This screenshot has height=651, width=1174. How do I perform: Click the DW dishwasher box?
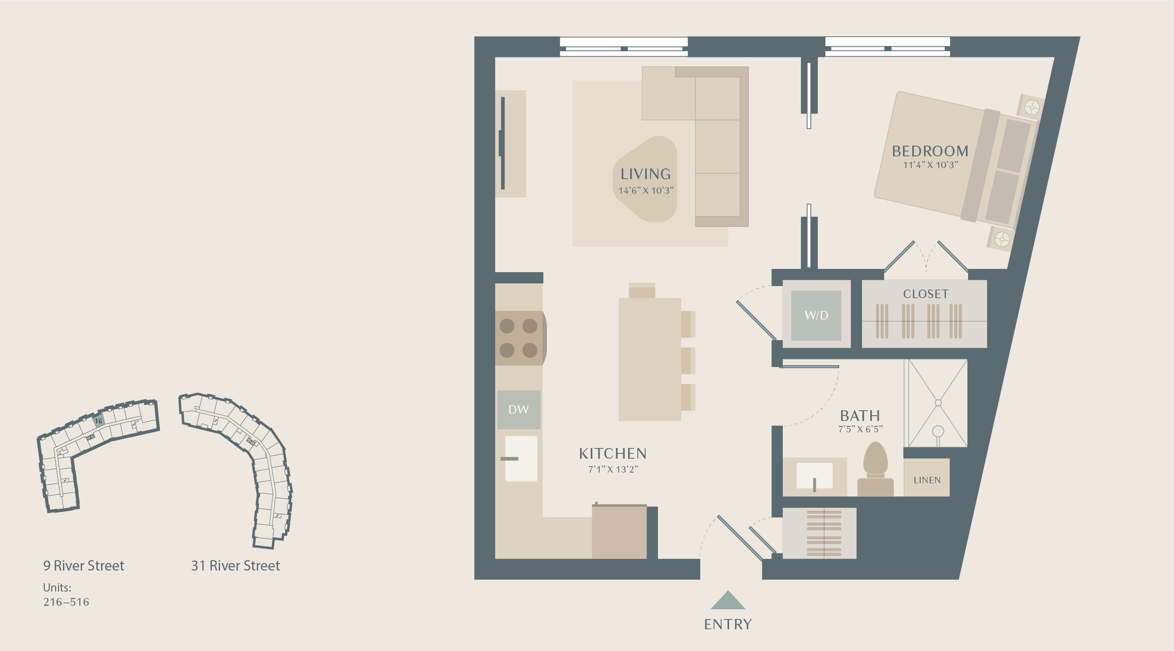click(519, 409)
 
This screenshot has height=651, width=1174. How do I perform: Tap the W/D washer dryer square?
click(816, 315)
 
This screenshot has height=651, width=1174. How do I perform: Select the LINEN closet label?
click(927, 480)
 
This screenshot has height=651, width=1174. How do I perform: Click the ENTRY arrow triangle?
click(728, 600)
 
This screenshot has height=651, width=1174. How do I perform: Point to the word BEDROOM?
click(930, 151)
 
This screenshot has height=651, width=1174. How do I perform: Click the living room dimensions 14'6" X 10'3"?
click(646, 190)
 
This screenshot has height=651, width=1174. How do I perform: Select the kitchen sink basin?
click(521, 458)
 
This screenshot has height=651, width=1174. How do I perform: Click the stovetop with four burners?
click(520, 338)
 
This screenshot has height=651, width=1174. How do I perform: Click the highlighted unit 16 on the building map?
click(99, 420)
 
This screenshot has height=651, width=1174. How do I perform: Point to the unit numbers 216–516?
click(66, 602)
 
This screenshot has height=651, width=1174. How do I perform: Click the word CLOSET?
click(926, 294)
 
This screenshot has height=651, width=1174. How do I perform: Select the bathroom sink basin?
click(814, 475)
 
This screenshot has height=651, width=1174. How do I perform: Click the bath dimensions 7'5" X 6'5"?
click(860, 429)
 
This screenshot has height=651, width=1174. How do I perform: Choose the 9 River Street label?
click(84, 566)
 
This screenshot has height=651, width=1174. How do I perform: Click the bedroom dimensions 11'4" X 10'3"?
click(931, 165)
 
